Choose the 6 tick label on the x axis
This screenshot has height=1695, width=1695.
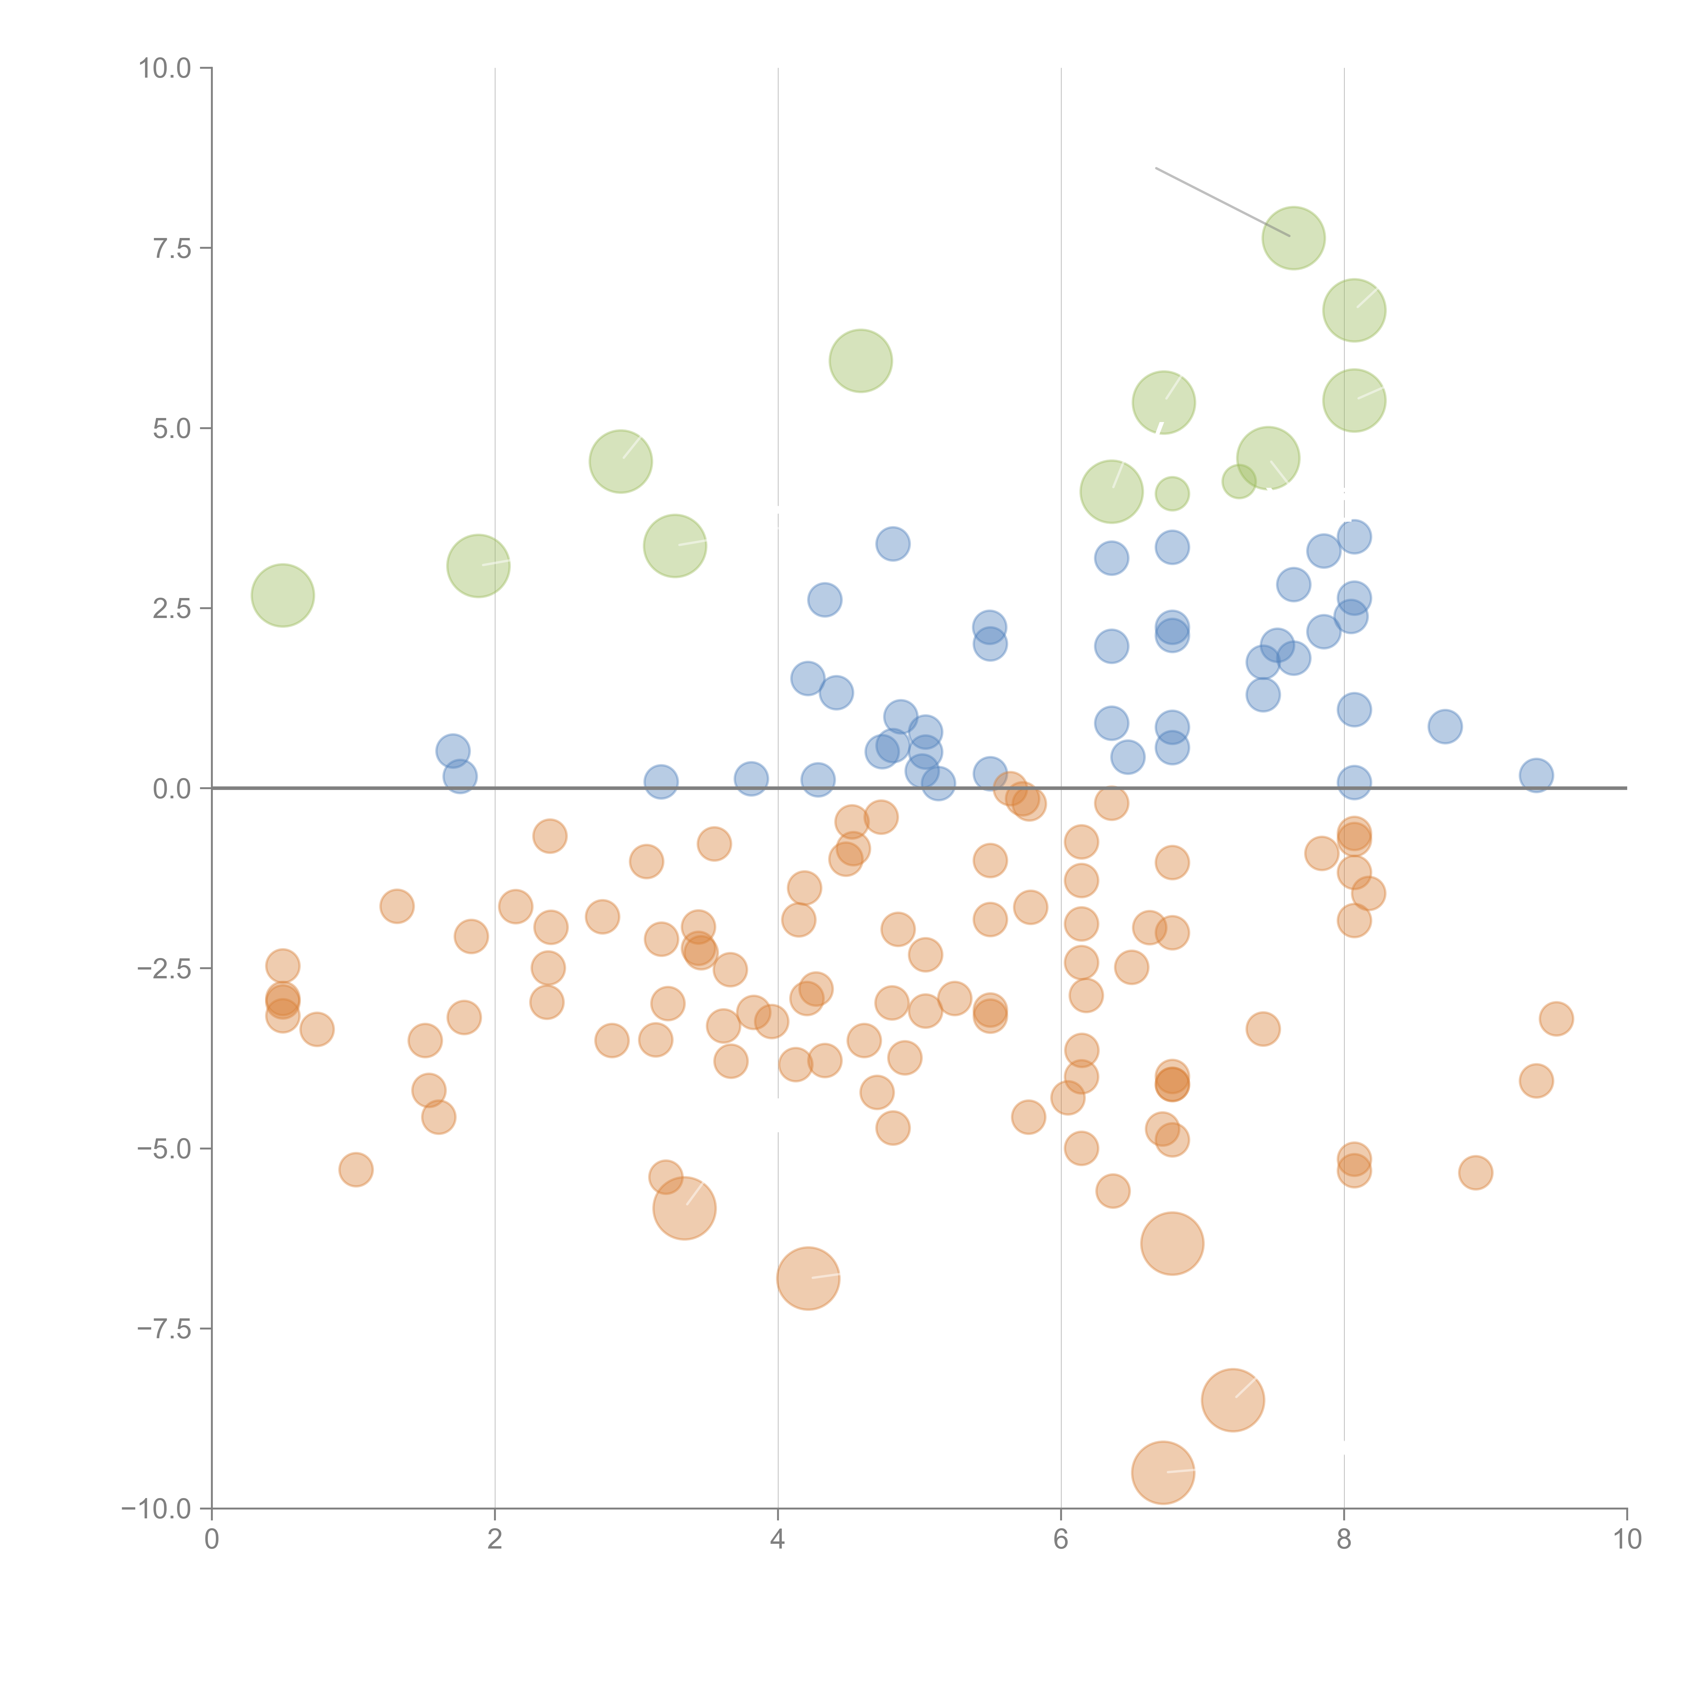pos(1061,1540)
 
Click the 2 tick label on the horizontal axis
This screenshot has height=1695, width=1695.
pos(495,1540)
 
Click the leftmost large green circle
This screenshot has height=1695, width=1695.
pos(282,596)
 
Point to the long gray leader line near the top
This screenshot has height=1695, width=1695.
pos(1222,202)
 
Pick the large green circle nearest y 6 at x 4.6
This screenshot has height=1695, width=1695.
pos(861,361)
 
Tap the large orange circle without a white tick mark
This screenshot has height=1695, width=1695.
pos(1172,1243)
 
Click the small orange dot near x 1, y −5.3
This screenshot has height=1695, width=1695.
pos(355,1170)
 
